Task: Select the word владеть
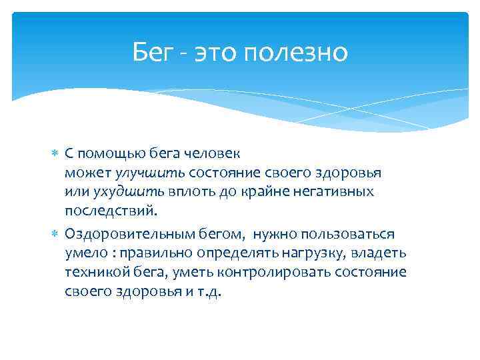tap(383, 253)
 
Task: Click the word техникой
tap(91, 273)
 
